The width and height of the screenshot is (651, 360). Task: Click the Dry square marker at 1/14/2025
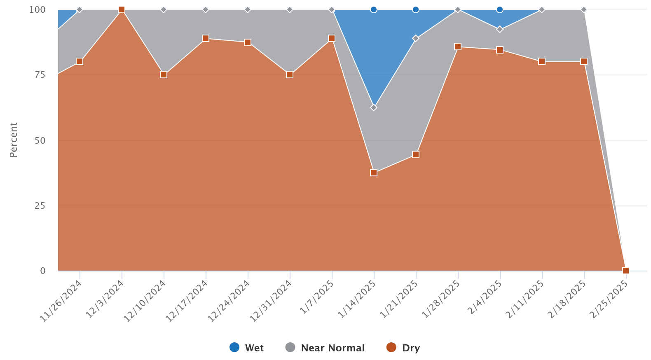[374, 173]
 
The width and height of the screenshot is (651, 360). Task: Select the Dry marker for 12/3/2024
[122, 9]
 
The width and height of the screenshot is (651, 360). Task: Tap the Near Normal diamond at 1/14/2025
[374, 108]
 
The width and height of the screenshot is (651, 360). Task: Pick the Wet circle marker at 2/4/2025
[500, 9]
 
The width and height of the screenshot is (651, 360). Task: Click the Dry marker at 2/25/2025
[626, 271]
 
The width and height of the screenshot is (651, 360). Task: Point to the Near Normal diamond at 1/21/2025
[416, 38]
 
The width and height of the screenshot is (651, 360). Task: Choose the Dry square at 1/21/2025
[416, 154]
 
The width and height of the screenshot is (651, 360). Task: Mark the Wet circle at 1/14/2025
[374, 9]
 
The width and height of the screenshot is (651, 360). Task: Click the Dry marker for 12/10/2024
[164, 75]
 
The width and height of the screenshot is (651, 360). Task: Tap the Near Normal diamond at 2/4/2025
[500, 29]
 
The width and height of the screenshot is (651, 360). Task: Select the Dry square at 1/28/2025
[458, 47]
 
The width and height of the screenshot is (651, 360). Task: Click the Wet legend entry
[246, 348]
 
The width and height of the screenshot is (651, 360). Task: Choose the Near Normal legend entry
[325, 348]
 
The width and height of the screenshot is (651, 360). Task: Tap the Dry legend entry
[403, 348]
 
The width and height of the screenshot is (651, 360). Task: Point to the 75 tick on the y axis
[40, 75]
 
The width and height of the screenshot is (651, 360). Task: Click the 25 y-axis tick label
[40, 206]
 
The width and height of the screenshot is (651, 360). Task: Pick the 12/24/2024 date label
[229, 301]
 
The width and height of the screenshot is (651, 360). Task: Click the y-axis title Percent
[14, 140]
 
